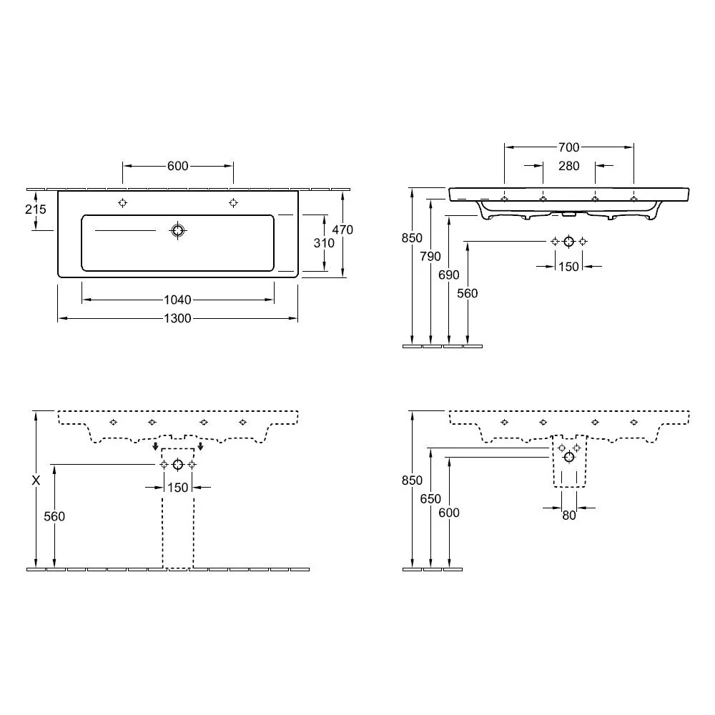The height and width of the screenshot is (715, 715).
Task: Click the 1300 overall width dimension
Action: click(x=177, y=318)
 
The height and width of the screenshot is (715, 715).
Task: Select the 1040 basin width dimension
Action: click(x=177, y=300)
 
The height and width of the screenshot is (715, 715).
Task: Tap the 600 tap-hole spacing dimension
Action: click(x=177, y=166)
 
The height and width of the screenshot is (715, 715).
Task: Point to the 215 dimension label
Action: click(x=36, y=209)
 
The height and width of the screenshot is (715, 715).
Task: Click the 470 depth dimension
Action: click(x=342, y=230)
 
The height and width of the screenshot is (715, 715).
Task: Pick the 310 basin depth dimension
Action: click(x=324, y=243)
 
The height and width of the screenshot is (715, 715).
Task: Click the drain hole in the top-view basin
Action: click(x=178, y=230)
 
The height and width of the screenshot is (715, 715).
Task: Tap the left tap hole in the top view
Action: click(x=123, y=202)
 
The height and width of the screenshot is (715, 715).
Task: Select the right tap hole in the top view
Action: click(x=233, y=202)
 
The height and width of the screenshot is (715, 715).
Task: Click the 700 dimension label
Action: click(x=568, y=147)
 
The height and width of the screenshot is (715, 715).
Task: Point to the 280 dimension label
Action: click(x=568, y=166)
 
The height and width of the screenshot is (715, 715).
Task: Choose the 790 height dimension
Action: click(x=430, y=256)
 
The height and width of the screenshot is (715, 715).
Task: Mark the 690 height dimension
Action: click(x=449, y=275)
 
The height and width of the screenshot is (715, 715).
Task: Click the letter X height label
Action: click(x=36, y=480)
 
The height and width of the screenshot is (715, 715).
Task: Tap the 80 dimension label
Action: click(x=568, y=516)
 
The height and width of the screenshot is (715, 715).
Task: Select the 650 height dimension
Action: click(x=430, y=499)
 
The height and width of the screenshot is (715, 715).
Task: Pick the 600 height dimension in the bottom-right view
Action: click(x=449, y=513)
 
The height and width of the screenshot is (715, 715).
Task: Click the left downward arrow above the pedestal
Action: click(x=155, y=445)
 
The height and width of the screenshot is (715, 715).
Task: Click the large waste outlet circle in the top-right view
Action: click(x=568, y=242)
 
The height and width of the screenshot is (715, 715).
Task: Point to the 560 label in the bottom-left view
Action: click(x=54, y=516)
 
